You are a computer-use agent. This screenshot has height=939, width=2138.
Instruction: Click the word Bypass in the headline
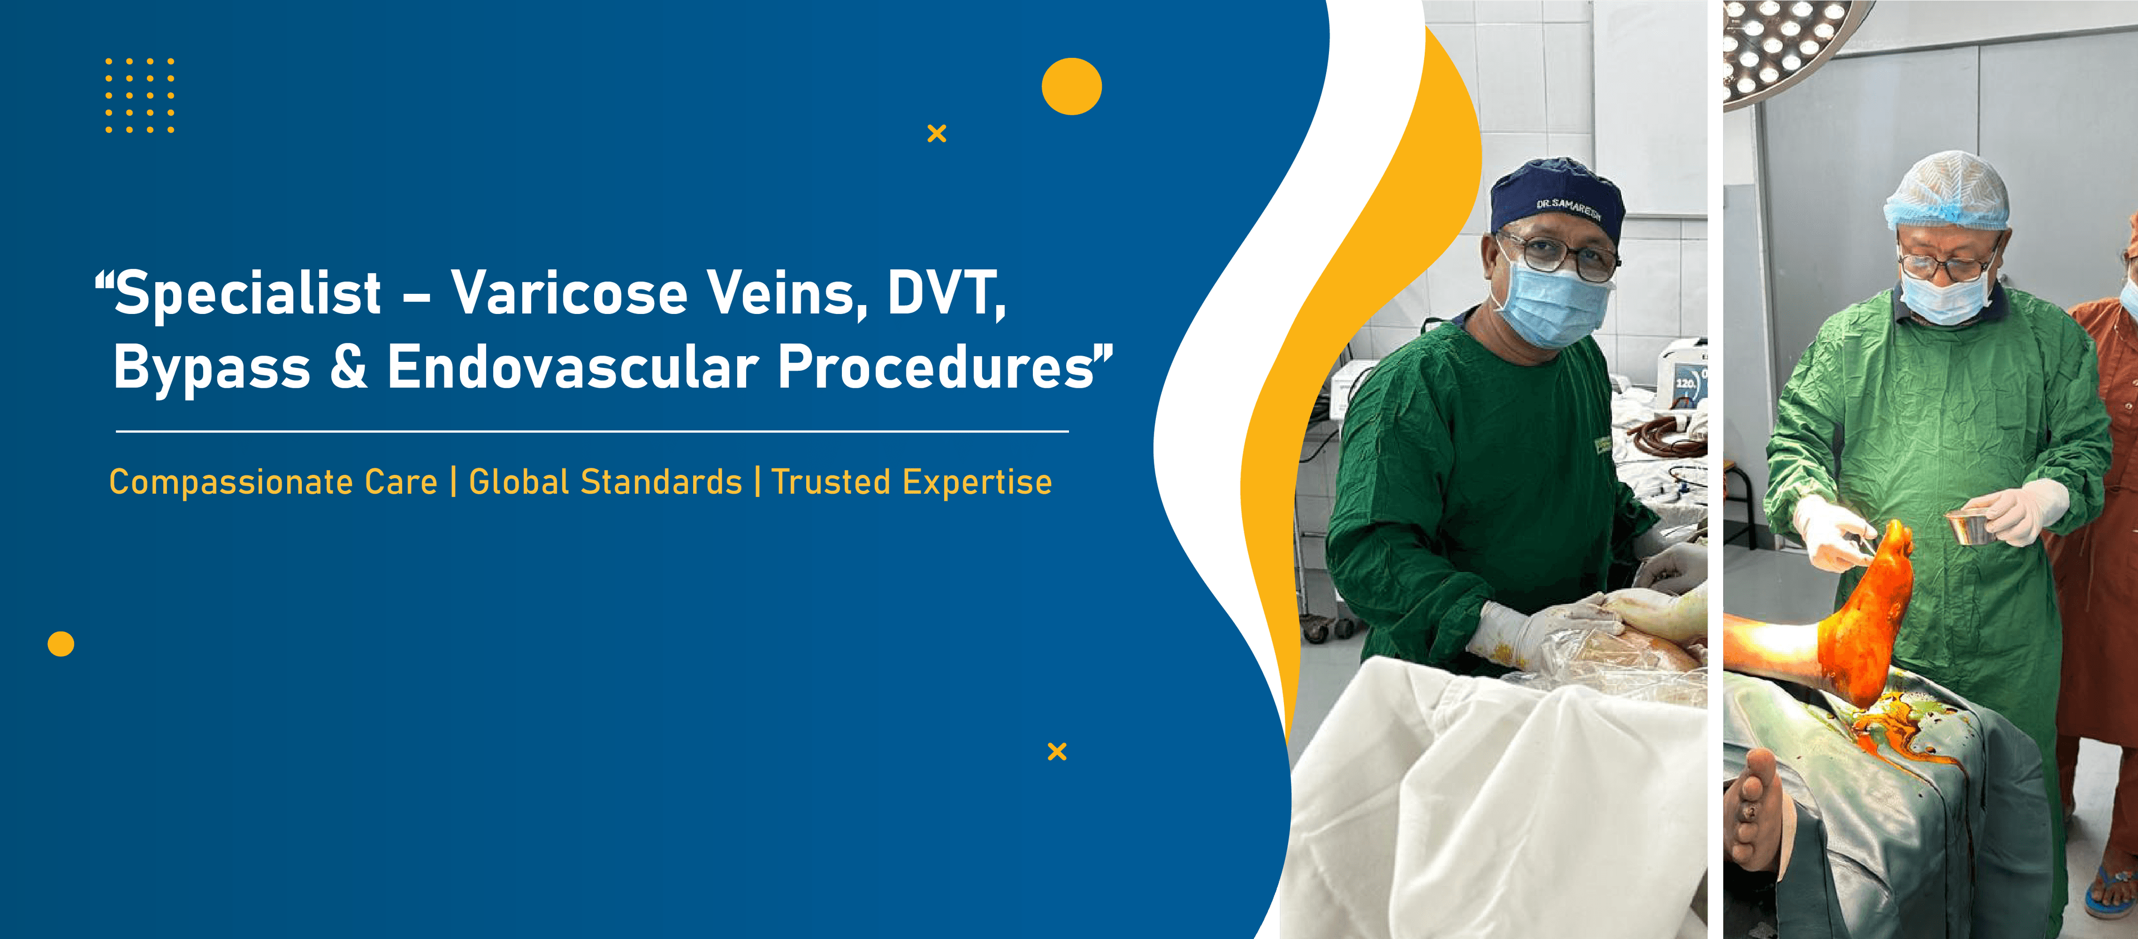tap(212, 367)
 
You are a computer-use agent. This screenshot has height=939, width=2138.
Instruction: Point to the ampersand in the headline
tap(349, 367)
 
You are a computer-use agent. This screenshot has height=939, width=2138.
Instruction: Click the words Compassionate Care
tap(273, 482)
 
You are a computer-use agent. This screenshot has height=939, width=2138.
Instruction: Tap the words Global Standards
tap(605, 482)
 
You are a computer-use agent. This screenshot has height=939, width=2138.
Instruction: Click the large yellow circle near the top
tap(1071, 86)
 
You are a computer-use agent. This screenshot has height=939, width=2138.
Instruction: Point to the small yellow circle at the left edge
tap(61, 643)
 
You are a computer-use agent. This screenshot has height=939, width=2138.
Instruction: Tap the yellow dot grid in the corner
tap(139, 95)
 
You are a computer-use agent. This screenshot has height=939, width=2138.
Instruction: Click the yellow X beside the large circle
tap(937, 134)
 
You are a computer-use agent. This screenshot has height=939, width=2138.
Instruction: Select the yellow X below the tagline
tap(1057, 751)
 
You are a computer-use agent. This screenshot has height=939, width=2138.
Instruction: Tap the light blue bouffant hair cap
tap(1947, 191)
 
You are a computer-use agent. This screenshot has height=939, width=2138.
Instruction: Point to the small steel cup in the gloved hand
tap(1968, 528)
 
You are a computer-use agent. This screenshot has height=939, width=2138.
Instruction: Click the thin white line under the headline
tap(592, 431)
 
